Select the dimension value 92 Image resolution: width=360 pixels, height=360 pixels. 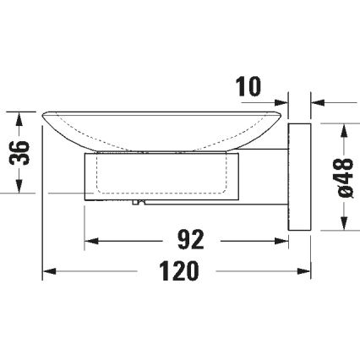coord(192,240)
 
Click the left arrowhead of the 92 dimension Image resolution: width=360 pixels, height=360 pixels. coord(90,240)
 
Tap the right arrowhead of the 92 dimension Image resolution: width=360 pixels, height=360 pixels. coord(282,240)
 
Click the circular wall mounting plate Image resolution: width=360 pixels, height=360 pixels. coord(300,177)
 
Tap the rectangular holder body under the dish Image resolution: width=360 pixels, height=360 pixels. coord(161,177)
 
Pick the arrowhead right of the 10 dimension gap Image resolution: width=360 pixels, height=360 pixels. coord(318,102)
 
